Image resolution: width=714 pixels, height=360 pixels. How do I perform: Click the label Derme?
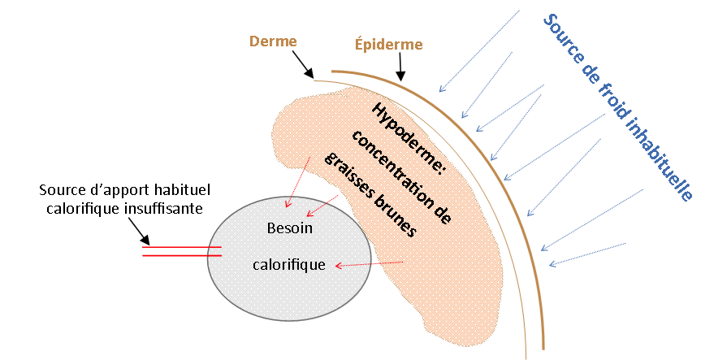pos(274,41)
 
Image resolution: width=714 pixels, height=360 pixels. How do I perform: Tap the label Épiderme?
pos(388,44)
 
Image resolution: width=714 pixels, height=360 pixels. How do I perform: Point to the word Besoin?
pos(289,228)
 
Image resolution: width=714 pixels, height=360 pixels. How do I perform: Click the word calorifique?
pos(289,264)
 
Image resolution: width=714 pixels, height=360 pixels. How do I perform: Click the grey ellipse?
pos(244,284)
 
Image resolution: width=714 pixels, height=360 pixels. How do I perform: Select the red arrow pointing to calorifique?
pos(370,264)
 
